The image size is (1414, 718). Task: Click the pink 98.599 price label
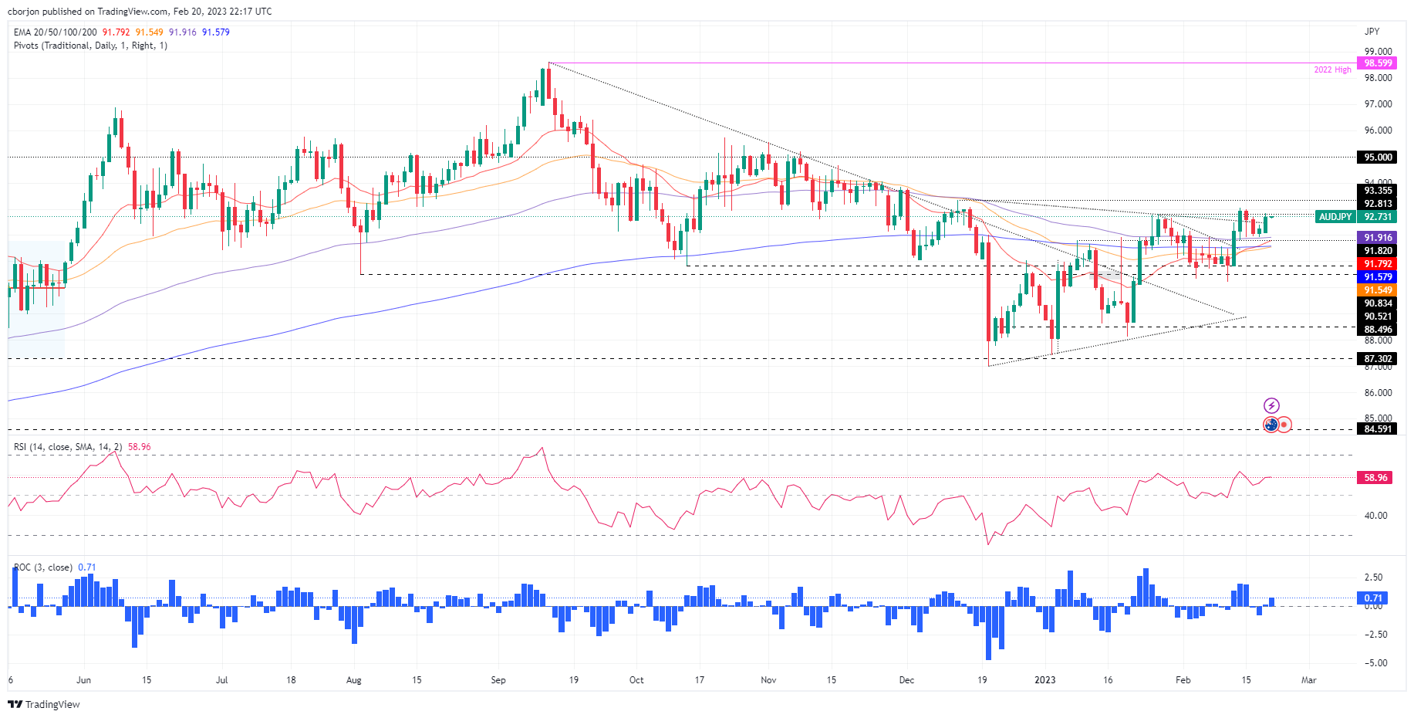click(1378, 63)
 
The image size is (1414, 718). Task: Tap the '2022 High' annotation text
click(1332, 69)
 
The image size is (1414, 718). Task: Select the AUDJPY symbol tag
click(1335, 217)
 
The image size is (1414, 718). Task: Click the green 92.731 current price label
click(1378, 217)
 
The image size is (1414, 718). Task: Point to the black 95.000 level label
click(1378, 157)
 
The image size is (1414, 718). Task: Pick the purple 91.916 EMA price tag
click(1378, 238)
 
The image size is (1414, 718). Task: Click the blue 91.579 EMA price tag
click(1378, 276)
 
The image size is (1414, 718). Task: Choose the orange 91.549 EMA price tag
click(1378, 290)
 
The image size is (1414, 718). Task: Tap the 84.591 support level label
click(1378, 428)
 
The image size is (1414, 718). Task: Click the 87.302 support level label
click(1378, 358)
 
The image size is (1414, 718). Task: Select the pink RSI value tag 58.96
click(1375, 477)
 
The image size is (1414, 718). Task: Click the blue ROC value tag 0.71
click(1373, 598)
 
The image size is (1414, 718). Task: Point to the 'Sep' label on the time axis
click(498, 680)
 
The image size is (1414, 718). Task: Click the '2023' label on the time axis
click(1045, 680)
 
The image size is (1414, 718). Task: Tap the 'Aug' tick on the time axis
click(354, 680)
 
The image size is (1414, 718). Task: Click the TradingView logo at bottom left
click(44, 704)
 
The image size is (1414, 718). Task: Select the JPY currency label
click(1372, 32)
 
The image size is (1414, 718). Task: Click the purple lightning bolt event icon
click(1271, 406)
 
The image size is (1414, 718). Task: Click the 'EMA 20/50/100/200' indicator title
click(56, 32)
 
